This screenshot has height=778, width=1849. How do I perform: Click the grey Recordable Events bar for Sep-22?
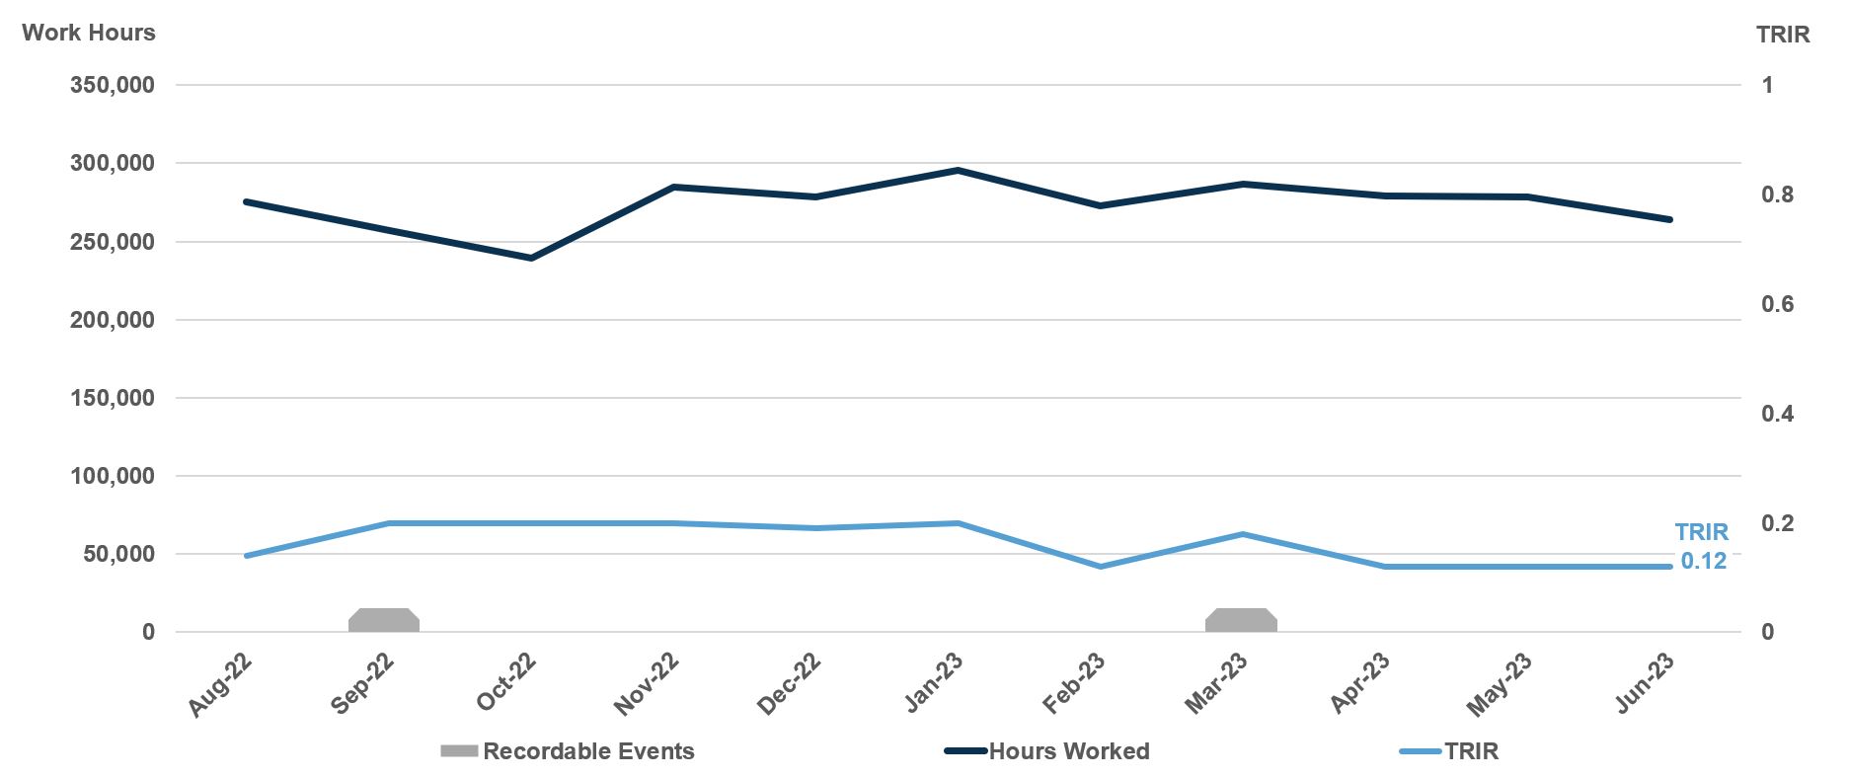tap(384, 620)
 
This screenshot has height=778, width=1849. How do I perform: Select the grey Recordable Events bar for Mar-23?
tap(1241, 620)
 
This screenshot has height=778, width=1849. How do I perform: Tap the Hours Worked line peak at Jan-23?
tap(958, 171)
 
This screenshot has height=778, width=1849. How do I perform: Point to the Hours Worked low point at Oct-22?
tap(531, 258)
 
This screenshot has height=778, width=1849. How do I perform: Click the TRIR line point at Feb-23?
tap(1100, 567)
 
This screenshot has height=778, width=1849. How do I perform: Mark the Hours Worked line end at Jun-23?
tap(1669, 219)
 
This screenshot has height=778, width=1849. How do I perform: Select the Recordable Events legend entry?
tap(587, 751)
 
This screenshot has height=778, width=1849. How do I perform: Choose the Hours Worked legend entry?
tap(1068, 751)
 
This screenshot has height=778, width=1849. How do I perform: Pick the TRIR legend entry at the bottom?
tap(1470, 751)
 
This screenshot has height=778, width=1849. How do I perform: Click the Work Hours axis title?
tap(89, 33)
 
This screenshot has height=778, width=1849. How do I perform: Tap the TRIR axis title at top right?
tap(1783, 35)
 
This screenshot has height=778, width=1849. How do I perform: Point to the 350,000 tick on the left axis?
tap(112, 85)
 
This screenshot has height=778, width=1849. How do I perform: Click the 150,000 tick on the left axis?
tap(112, 398)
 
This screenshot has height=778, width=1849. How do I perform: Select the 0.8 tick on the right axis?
tap(1777, 194)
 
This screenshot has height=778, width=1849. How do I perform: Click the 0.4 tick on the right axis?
tap(1777, 414)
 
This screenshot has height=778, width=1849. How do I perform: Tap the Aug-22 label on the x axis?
tap(221, 685)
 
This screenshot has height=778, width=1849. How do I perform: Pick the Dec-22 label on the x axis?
tap(790, 683)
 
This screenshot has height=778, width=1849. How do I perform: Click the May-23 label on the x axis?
tap(1500, 684)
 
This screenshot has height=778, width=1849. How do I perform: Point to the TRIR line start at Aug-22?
tap(247, 556)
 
